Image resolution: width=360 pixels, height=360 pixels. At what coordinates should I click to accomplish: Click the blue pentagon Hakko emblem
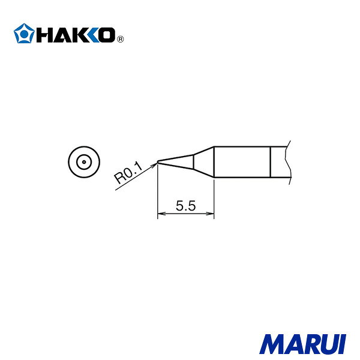point(24,34)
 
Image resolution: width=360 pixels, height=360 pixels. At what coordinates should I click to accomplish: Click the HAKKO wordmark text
point(76,35)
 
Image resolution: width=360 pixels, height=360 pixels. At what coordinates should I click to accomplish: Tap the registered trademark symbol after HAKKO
point(121,39)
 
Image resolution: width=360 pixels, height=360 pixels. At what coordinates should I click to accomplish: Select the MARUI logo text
point(303,344)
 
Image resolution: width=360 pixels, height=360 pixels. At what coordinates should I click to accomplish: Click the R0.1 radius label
point(128,172)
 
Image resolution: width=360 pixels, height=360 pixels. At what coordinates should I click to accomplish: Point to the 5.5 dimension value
point(186,205)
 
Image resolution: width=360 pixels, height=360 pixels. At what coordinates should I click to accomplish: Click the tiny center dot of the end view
point(84,162)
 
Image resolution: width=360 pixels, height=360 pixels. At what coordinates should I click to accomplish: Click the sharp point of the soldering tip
point(157,162)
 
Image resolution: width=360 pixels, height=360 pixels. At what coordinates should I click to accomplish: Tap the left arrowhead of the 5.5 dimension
point(160,214)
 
